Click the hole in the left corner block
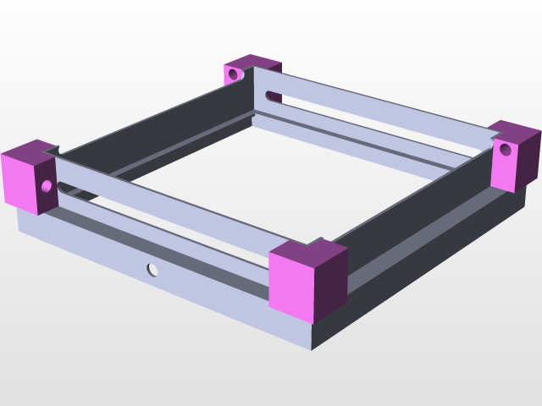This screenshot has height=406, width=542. coord(46,184)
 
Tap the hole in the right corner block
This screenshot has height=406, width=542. coord(505,151)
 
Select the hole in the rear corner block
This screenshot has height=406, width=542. coord(233,74)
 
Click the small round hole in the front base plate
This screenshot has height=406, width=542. coord(152,270)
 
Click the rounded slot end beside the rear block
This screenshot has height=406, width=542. coord(270,95)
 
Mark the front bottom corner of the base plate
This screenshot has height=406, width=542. coord(311,349)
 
